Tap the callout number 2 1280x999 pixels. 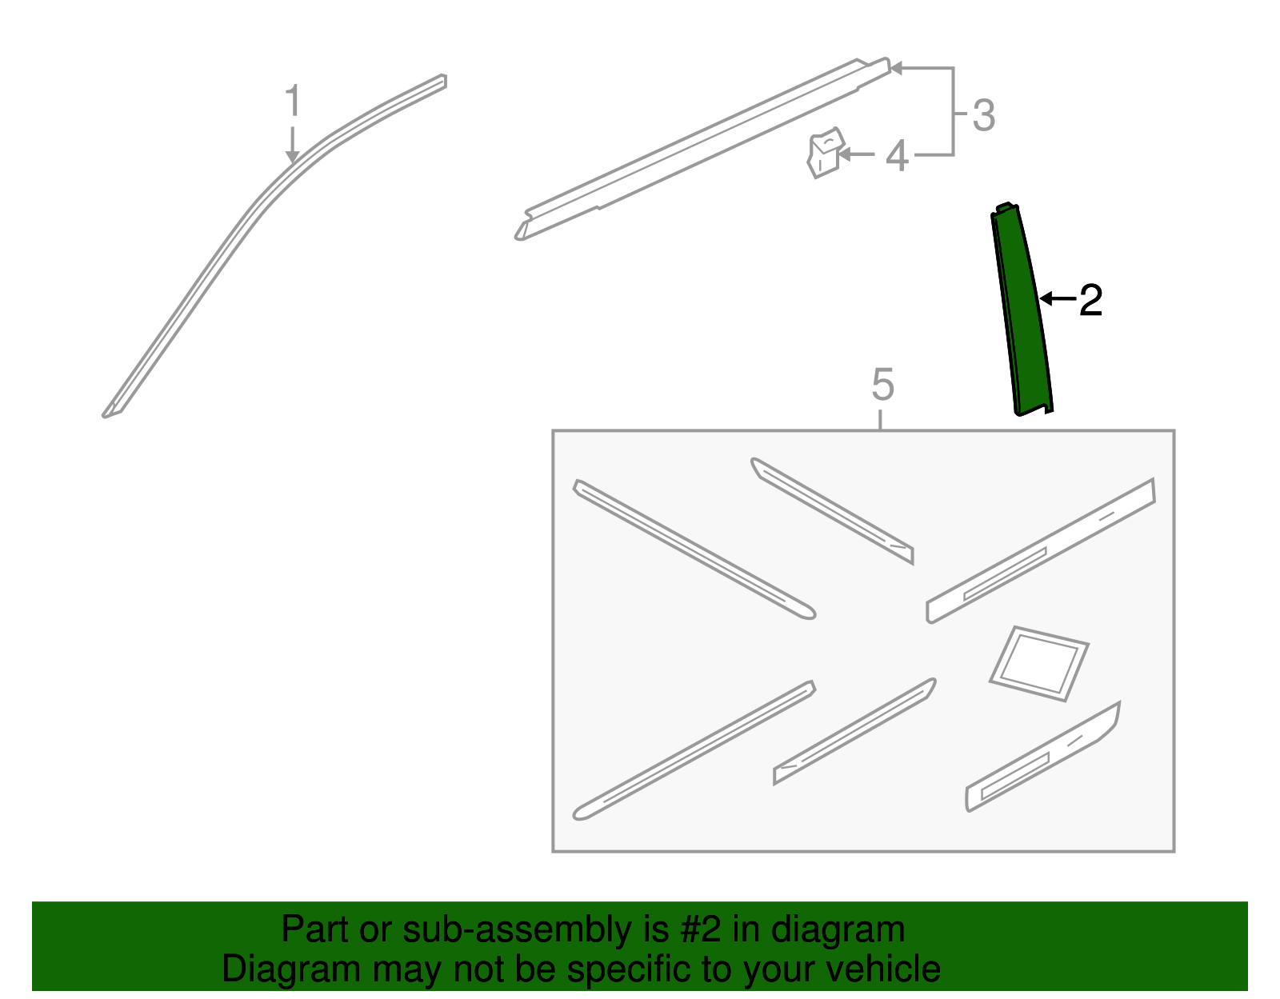coord(1090,300)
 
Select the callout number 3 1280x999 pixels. coord(984,115)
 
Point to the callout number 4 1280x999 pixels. coord(897,157)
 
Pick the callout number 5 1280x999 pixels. coord(882,385)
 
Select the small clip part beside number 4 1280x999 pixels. coord(826,153)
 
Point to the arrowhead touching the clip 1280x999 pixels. coord(844,155)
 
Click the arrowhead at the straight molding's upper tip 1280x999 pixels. coord(897,68)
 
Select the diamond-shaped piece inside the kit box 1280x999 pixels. coord(1038,663)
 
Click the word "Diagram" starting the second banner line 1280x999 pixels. coord(291,969)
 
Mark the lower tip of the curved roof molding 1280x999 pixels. coord(104,416)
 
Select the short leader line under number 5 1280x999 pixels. coord(880,420)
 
